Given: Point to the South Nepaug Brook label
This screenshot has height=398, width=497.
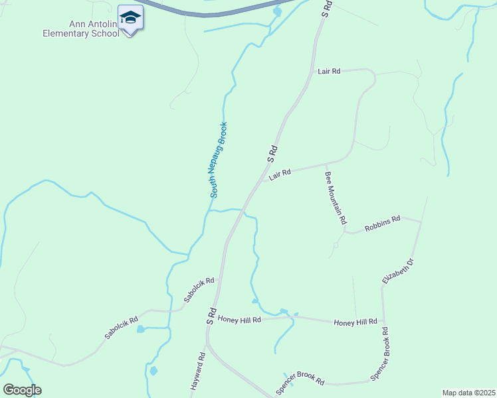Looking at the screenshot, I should pos(219,160).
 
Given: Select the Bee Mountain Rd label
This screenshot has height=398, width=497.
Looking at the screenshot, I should pos(336,198).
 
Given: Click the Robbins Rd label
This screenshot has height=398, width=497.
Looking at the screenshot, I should pos(382,223).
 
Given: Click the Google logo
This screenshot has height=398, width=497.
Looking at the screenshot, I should pos(22,390).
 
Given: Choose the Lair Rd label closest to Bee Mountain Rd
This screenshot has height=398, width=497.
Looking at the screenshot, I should pos(280,174).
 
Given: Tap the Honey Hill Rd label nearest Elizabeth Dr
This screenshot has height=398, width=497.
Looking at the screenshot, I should pos(355,322).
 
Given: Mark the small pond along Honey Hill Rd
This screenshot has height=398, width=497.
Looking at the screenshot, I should pos(284,311).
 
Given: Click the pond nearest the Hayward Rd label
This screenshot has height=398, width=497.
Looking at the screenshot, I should pos(153,370).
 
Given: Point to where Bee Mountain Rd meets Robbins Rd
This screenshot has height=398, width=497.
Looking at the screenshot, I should pos(346,232).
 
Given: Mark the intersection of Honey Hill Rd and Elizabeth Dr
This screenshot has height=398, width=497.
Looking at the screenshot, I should pos(384,324).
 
